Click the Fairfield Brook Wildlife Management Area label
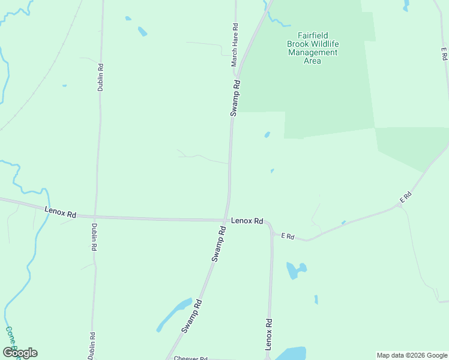tap(312, 48)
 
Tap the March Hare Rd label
tap(235, 45)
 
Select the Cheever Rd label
tap(190, 358)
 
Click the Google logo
tap(20, 353)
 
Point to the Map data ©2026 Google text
tap(412, 355)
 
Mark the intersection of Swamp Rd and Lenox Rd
tap(226, 220)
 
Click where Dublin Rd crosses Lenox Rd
tap(95, 217)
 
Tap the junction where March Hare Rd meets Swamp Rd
tap(237, 78)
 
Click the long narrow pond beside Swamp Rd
tap(175, 313)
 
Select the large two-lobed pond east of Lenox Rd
tap(295, 269)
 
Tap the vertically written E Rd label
tap(444, 53)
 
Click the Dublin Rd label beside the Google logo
tap(92, 346)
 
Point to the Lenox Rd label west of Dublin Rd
tap(61, 212)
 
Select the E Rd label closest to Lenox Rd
tap(288, 236)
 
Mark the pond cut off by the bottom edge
tap(291, 354)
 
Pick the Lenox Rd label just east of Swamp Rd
tap(247, 221)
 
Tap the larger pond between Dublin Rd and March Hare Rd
tap(142, 31)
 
